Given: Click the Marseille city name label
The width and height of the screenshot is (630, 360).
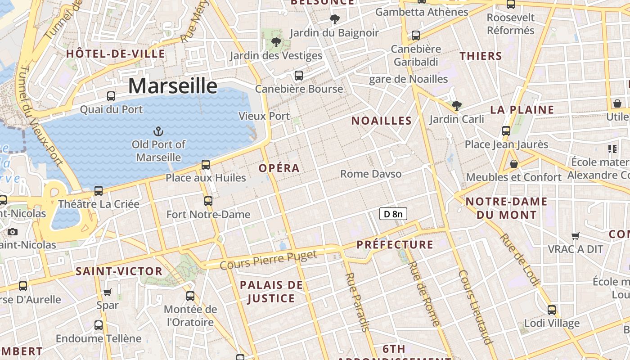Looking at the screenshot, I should (x=173, y=85).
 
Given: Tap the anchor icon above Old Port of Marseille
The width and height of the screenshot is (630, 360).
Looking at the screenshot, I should (x=158, y=131).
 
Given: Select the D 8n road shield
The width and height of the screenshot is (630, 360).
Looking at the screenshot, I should (x=393, y=214).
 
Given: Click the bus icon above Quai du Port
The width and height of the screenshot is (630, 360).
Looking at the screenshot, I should (x=111, y=96).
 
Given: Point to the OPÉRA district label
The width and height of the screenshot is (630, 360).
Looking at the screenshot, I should (x=279, y=168).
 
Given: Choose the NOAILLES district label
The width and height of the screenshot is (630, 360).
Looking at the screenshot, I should (x=382, y=121).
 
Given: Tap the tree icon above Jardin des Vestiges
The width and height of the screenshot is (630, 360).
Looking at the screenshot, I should (x=276, y=43).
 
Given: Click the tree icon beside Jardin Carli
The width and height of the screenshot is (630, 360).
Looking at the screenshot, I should (x=457, y=106).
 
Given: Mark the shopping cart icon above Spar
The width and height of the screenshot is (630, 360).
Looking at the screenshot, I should (x=108, y=292).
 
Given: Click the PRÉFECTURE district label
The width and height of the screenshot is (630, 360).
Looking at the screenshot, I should (x=395, y=245).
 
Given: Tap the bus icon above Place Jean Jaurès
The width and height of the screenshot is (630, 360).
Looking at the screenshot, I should (x=506, y=131).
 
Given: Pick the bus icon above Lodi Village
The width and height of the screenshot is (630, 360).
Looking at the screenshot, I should (x=552, y=310).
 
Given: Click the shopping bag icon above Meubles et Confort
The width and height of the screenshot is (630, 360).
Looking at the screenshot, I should (x=513, y=164).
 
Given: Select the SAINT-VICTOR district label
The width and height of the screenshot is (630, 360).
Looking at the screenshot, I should (x=119, y=271).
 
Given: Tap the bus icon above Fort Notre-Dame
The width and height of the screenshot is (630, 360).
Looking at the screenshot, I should (x=208, y=201).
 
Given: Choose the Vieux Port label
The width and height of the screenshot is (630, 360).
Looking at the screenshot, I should (x=264, y=116).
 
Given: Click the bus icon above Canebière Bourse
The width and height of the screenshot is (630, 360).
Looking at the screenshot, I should (x=299, y=76).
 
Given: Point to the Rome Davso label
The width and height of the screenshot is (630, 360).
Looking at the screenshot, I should (x=371, y=174).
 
